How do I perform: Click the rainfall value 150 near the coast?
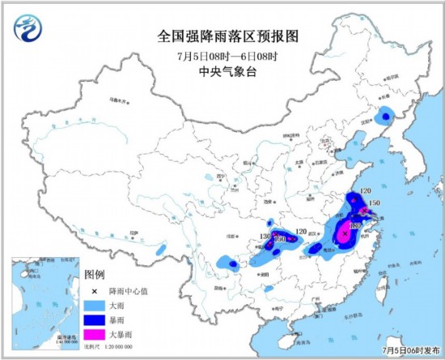375,203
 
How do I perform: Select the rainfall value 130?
265,236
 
